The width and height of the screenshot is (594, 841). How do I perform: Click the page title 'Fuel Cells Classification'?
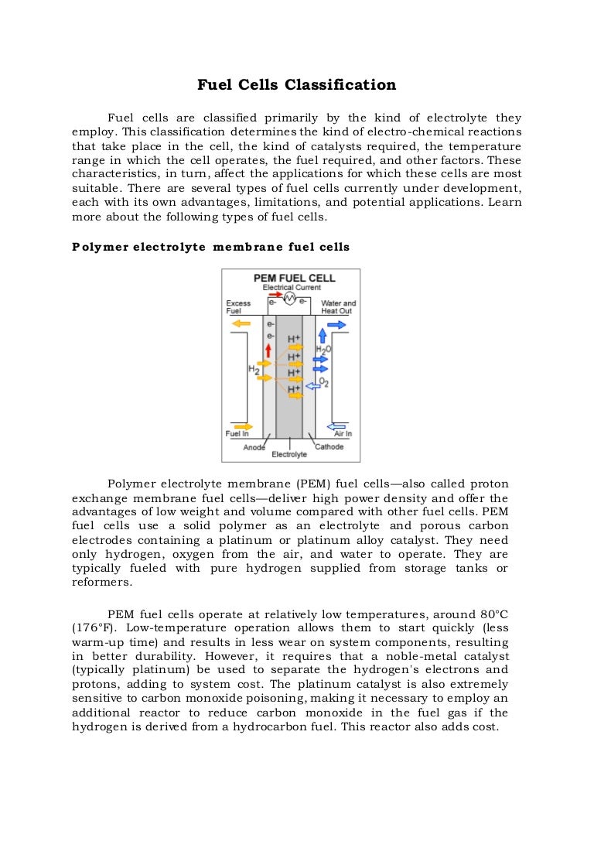tap(296, 85)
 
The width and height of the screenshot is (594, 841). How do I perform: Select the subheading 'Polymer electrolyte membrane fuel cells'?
tap(210, 248)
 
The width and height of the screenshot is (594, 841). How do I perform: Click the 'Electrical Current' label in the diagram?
tap(291, 288)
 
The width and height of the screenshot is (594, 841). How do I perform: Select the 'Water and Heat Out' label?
tap(338, 306)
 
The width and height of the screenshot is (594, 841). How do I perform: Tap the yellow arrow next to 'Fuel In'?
tap(242, 426)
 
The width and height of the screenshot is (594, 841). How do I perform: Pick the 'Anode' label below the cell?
tap(254, 447)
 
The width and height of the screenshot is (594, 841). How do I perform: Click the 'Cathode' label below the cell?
tap(329, 446)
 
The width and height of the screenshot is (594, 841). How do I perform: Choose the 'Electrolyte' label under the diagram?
tap(289, 454)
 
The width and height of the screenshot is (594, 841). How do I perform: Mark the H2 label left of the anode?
tap(253, 370)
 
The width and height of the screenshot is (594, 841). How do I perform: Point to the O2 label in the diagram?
tap(324, 381)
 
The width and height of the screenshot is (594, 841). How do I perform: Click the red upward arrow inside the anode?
tap(268, 350)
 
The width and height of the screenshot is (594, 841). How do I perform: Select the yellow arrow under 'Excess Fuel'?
tap(241, 323)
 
